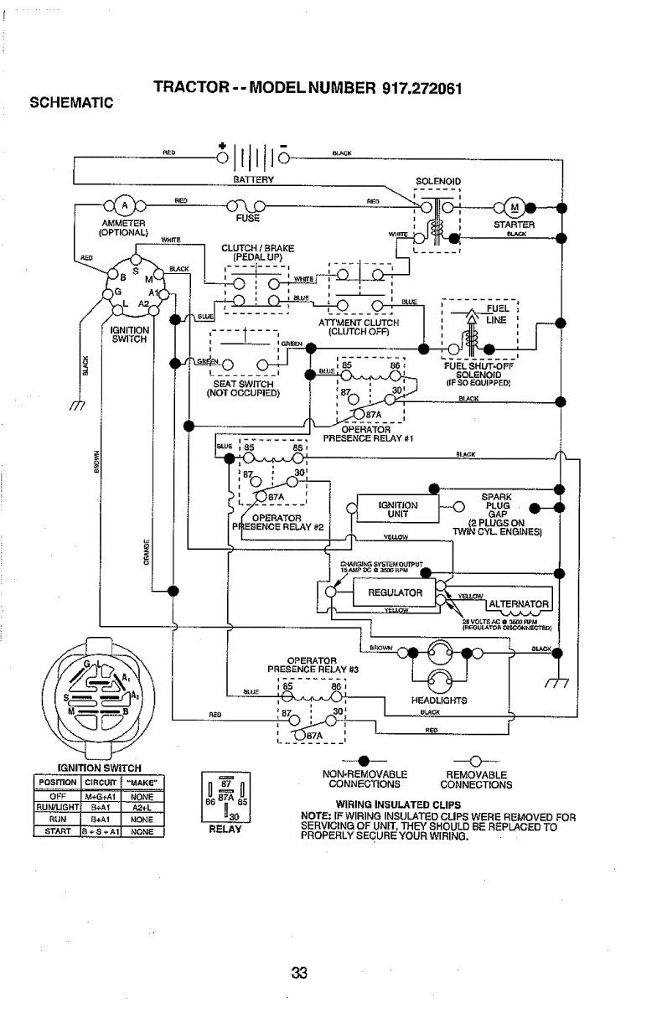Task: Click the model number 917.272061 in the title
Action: point(407,89)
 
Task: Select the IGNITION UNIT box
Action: point(398,509)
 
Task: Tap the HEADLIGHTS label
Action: point(439,700)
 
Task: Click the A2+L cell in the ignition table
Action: point(140,808)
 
